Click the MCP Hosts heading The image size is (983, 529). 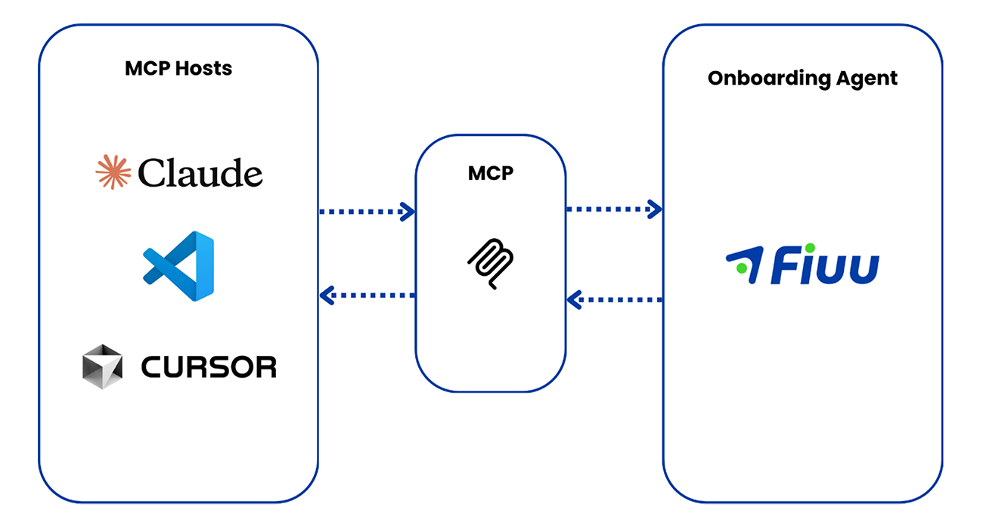point(178,69)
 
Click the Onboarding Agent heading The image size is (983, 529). point(802,79)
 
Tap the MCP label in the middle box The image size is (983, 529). point(490,172)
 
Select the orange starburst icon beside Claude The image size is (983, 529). point(113,172)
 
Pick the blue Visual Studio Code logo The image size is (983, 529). point(178,266)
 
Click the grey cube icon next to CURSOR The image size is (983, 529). point(102,367)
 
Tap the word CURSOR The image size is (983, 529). point(209,367)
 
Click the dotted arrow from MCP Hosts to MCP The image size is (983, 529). point(367,212)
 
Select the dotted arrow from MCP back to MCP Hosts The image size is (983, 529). point(367,295)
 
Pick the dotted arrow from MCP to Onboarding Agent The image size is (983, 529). point(614,209)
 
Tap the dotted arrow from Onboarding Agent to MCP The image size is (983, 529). point(614,300)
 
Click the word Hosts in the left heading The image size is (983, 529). point(204,69)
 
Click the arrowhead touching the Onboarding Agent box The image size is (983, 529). point(655,209)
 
